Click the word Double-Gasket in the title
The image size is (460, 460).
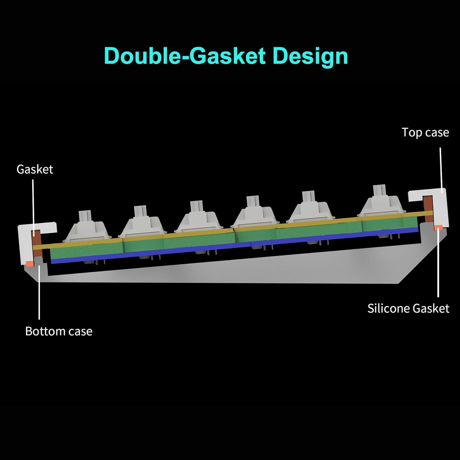pyautogui.click(x=185, y=56)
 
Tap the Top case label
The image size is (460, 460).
pyautogui.click(x=425, y=132)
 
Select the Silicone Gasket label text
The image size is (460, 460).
pyautogui.click(x=408, y=308)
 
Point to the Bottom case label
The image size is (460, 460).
pyautogui.click(x=59, y=331)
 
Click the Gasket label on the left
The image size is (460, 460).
pyautogui.click(x=35, y=169)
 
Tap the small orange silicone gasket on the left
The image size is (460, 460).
pyautogui.click(x=30, y=263)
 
